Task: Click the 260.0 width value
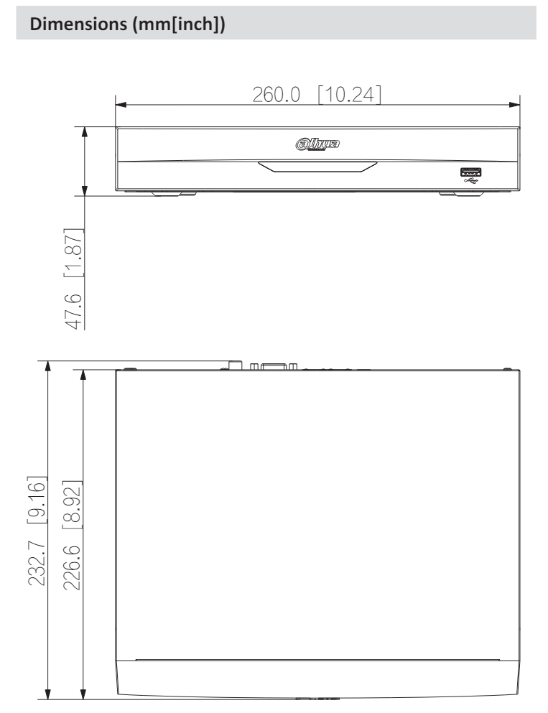(274, 94)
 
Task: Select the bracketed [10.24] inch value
(349, 94)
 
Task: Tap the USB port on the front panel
(470, 172)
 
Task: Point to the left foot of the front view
(173, 193)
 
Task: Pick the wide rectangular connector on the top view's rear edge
(273, 366)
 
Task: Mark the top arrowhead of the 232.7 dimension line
(48, 365)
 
